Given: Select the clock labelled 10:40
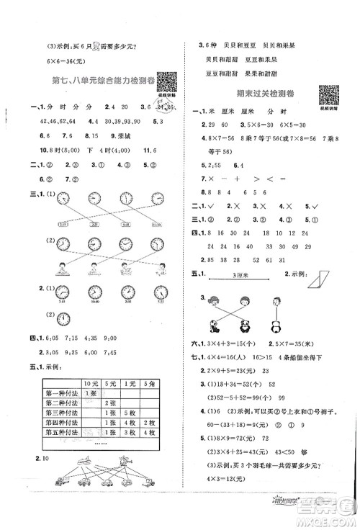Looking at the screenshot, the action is [93, 290].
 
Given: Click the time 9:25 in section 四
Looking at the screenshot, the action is [79, 352].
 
